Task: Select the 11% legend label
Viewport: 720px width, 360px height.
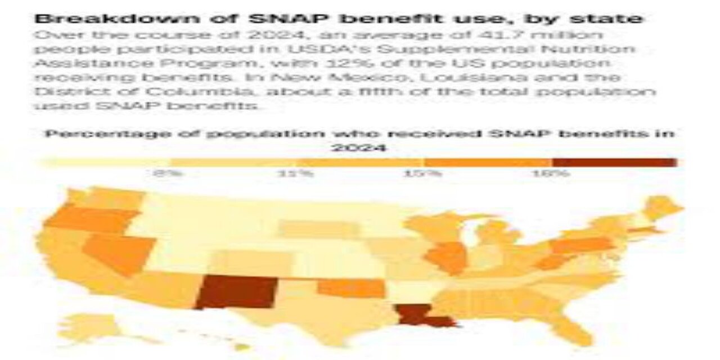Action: tap(296, 173)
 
